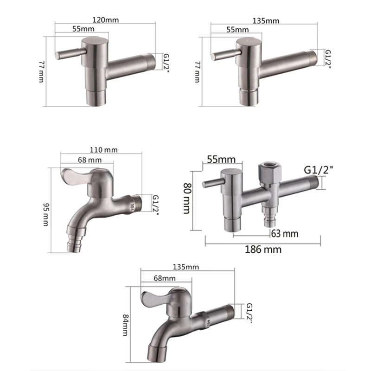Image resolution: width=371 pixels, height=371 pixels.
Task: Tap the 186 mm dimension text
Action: tap(262, 249)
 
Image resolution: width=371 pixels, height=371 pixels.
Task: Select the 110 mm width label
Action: tap(104, 150)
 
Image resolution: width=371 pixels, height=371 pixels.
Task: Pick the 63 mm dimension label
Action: tap(285, 233)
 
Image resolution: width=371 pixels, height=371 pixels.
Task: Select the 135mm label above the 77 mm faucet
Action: tap(266, 20)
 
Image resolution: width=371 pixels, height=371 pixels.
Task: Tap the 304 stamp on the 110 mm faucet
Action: tap(133, 204)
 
